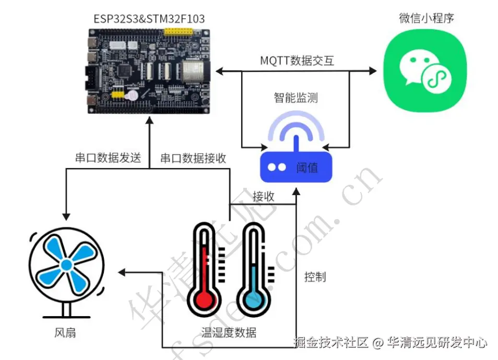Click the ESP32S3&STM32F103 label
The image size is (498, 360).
(x=149, y=19)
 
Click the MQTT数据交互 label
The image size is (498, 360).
(x=297, y=61)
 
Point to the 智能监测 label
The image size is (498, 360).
(x=296, y=98)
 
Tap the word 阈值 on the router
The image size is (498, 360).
(x=307, y=167)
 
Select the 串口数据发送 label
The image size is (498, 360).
(x=108, y=158)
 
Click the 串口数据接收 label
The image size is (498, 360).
(x=193, y=158)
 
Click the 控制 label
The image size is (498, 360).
(x=315, y=277)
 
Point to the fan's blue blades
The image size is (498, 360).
(x=66, y=265)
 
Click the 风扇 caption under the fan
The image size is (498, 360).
(x=65, y=332)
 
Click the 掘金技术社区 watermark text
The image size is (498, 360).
(x=331, y=342)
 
